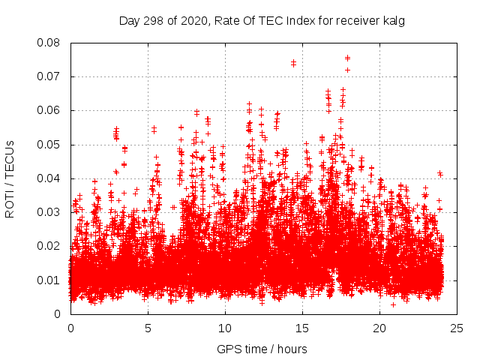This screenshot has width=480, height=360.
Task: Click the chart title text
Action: [262, 21]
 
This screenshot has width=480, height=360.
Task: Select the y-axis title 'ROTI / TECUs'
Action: [10, 178]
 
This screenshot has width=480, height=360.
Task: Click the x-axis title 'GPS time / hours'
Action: [262, 349]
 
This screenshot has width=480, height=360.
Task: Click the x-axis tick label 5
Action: [148, 328]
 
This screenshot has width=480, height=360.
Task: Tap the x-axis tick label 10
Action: [225, 328]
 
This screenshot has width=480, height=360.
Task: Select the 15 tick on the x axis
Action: [302, 328]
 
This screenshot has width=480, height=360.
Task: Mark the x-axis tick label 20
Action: [379, 328]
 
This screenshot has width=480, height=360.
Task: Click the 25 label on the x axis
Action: [457, 328]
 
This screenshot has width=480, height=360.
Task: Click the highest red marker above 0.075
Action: [347, 58]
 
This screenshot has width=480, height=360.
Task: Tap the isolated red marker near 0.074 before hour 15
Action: [293, 63]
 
